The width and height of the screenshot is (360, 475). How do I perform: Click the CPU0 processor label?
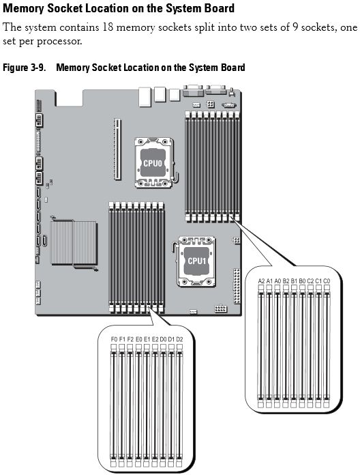click(x=153, y=163)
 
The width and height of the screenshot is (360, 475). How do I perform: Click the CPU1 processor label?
click(x=196, y=261)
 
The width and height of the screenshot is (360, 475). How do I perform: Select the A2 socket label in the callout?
click(x=261, y=280)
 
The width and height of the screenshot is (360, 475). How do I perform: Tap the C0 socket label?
click(x=327, y=280)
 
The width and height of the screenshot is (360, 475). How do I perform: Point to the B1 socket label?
click(x=294, y=280)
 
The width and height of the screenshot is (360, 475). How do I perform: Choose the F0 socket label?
click(x=114, y=339)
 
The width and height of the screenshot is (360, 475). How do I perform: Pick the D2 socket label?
click(x=180, y=339)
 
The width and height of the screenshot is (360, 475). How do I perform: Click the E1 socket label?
click(x=147, y=339)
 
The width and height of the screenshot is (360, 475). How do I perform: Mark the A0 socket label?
click(x=277, y=280)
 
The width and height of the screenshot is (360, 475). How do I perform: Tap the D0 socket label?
click(x=164, y=339)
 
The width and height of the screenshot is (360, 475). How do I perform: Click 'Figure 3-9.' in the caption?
click(x=24, y=68)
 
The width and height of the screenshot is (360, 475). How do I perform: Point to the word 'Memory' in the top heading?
click(x=24, y=8)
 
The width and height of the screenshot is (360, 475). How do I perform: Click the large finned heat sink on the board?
click(x=74, y=243)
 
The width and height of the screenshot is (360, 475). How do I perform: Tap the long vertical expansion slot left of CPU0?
click(x=117, y=149)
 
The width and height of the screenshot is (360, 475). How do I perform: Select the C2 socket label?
click(x=310, y=280)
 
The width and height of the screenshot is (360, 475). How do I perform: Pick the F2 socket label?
click(x=130, y=339)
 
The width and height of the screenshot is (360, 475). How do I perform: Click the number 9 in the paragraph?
click(x=295, y=27)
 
